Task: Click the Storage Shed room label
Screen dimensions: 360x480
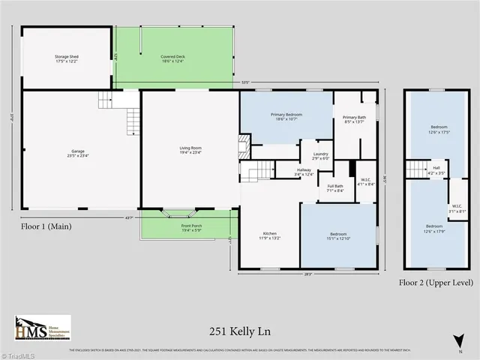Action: (x=67, y=59)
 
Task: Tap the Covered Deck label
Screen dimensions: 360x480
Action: (x=175, y=59)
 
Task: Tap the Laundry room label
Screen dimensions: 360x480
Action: (x=320, y=156)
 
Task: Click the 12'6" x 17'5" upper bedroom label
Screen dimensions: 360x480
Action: (x=439, y=129)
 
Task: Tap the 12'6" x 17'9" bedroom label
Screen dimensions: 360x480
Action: (x=434, y=228)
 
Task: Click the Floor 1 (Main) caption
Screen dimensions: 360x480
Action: (x=49, y=224)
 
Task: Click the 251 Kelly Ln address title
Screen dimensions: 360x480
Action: (x=239, y=328)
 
